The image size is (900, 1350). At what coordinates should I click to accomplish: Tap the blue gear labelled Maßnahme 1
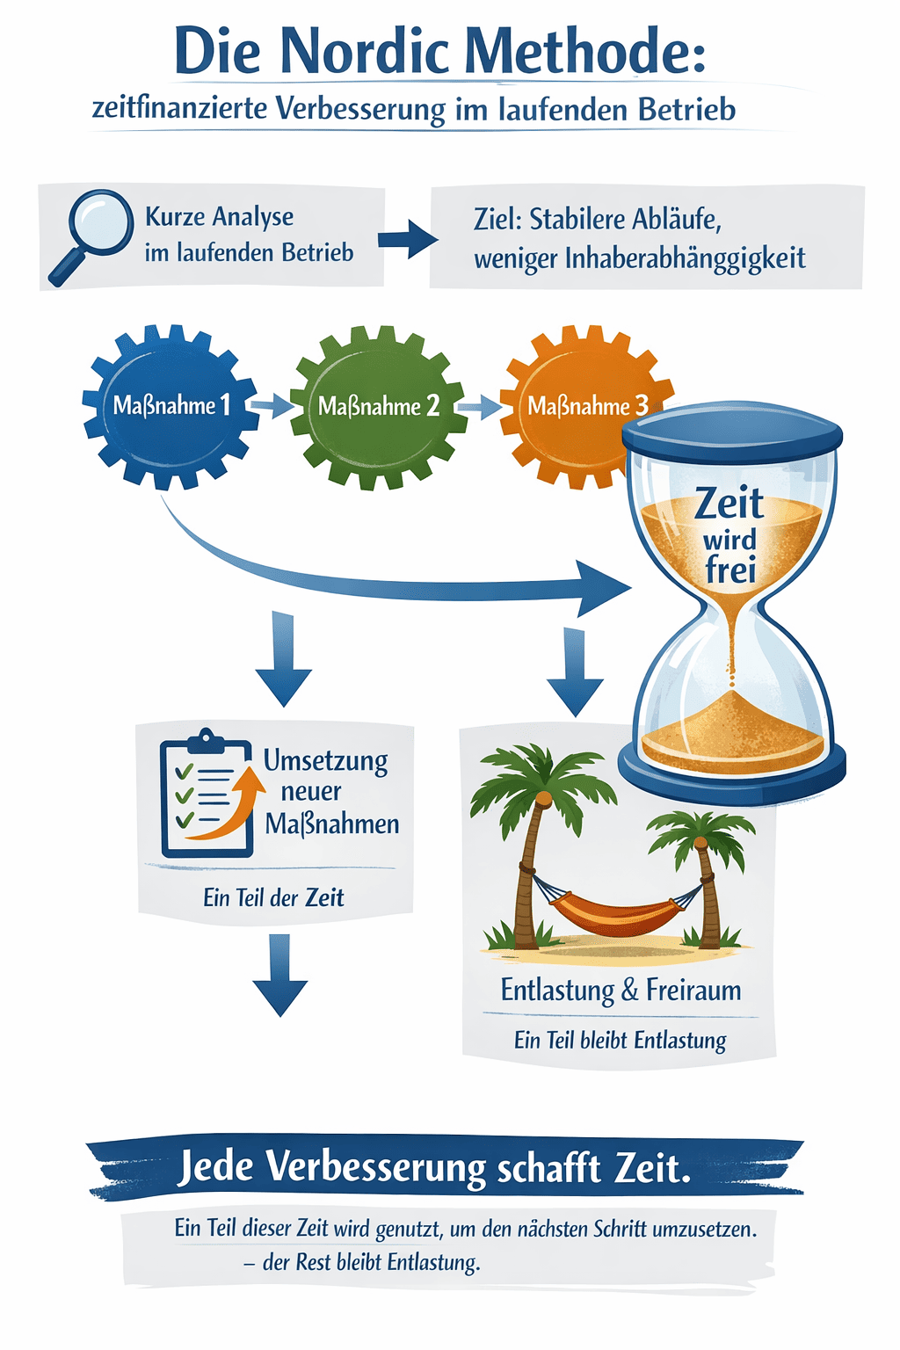point(171,406)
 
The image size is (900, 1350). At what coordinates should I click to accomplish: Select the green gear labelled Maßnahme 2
point(378,407)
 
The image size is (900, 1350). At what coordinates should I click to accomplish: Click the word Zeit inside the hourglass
point(729,504)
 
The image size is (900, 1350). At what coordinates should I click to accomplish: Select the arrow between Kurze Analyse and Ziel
point(407,238)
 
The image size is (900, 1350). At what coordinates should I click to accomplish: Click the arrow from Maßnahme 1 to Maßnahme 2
point(272,406)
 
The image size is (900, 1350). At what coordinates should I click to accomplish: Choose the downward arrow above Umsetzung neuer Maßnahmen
point(283,659)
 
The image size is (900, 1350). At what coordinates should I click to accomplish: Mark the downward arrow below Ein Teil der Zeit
point(279,976)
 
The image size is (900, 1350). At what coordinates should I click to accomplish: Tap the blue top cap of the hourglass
point(732,432)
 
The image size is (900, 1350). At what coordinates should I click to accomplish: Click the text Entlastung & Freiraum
point(621,991)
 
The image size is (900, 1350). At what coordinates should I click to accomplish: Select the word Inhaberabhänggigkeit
point(686,258)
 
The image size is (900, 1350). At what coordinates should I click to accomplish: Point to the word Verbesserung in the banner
point(375,1168)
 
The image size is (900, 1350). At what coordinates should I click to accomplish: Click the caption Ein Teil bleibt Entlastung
point(621,1041)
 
